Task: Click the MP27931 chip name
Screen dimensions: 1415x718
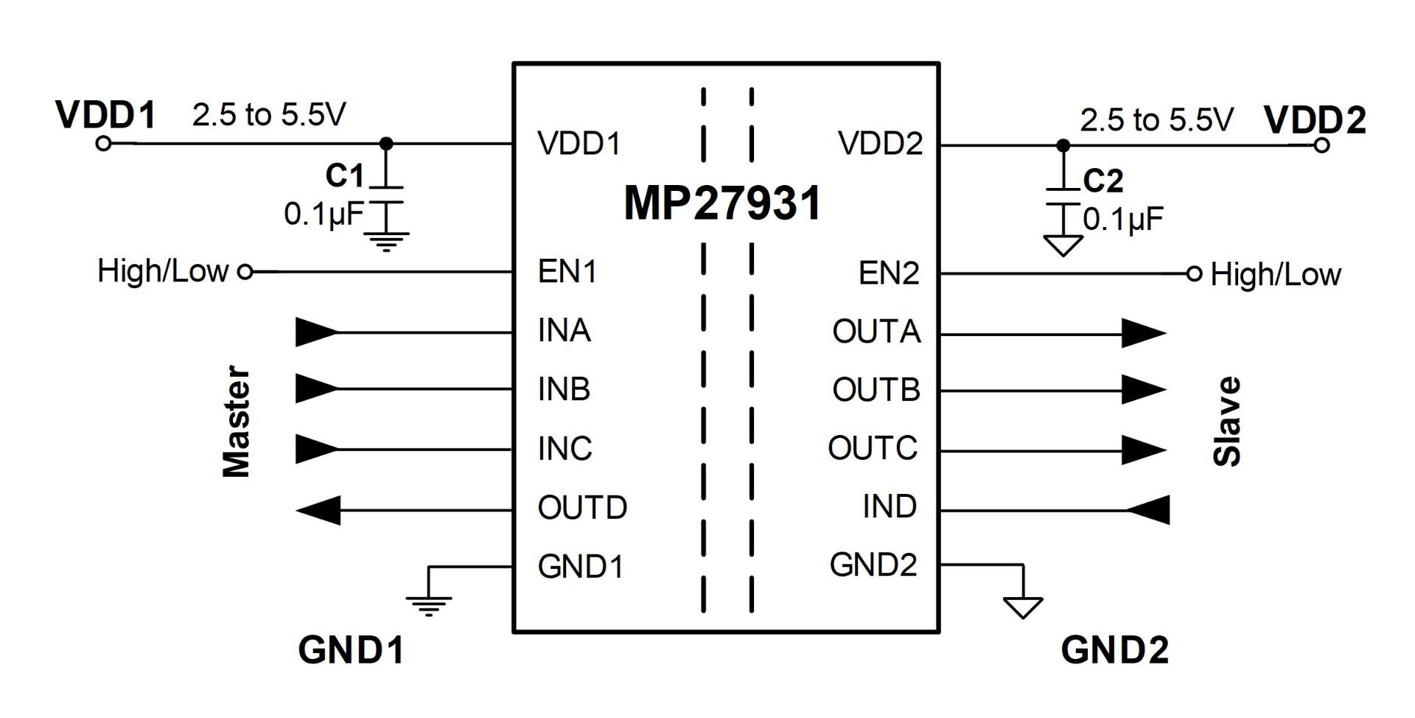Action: point(722,203)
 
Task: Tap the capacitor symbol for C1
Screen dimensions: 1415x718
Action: point(386,194)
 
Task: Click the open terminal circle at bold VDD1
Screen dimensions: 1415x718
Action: point(104,144)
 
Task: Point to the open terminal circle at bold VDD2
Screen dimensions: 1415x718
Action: point(1321,145)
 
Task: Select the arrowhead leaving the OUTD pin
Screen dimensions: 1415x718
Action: point(318,510)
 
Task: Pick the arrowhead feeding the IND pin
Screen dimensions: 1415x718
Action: point(1148,509)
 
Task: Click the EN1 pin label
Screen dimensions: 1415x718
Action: point(567,271)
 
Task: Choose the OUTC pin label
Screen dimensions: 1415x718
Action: point(873,448)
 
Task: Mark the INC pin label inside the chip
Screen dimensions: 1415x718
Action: point(565,448)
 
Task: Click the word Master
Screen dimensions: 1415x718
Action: point(237,421)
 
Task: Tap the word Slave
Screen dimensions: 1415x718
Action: point(1227,422)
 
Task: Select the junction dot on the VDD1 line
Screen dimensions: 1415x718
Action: point(385,144)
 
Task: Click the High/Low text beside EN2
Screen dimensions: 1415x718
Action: point(1276,274)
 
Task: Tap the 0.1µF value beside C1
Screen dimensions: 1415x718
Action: point(324,215)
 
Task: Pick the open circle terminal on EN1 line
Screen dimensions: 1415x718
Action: point(245,272)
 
